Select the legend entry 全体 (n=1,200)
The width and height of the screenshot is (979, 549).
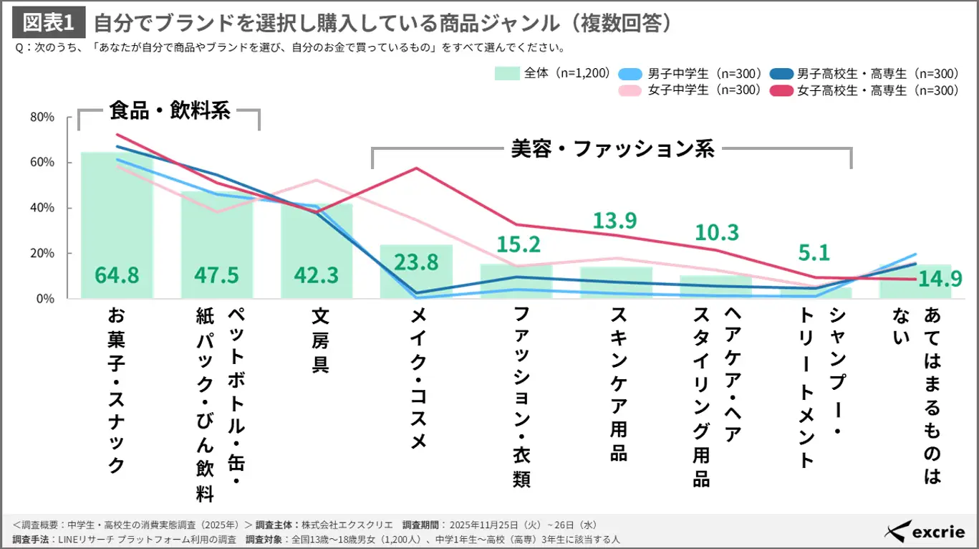pos(551,73)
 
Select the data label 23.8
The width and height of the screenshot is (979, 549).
pos(416,263)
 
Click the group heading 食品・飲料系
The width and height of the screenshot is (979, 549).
pos(169,111)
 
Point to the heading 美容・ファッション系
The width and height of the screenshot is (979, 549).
pos(612,149)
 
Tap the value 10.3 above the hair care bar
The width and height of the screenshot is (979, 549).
pos(717,232)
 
